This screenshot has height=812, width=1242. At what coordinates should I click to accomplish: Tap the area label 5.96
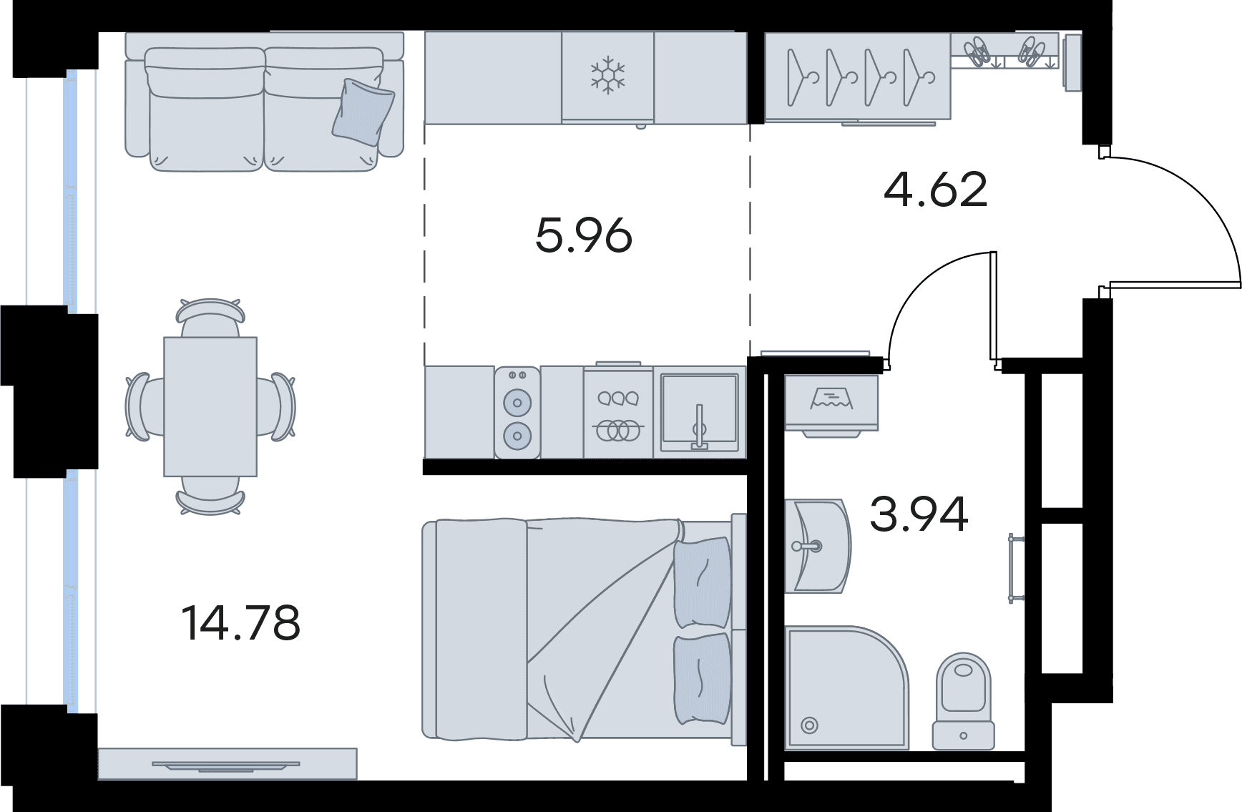(584, 235)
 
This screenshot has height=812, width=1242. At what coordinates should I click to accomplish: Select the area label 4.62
(936, 190)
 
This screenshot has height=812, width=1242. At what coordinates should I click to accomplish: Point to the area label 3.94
(919, 514)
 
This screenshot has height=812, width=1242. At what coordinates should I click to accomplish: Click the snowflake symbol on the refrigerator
(607, 75)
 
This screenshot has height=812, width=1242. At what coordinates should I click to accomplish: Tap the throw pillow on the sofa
(363, 112)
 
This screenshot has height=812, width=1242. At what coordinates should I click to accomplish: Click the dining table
(210, 406)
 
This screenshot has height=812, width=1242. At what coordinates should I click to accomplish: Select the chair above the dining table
(210, 318)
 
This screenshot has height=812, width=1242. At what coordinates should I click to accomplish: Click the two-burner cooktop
(517, 413)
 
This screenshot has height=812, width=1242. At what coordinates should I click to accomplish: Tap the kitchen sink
(699, 411)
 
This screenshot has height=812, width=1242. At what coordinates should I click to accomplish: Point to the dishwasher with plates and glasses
(618, 411)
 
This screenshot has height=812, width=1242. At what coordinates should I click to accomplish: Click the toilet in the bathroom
(964, 701)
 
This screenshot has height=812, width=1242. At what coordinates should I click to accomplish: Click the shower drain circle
(809, 725)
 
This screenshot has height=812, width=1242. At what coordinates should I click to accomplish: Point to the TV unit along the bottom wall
(228, 763)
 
